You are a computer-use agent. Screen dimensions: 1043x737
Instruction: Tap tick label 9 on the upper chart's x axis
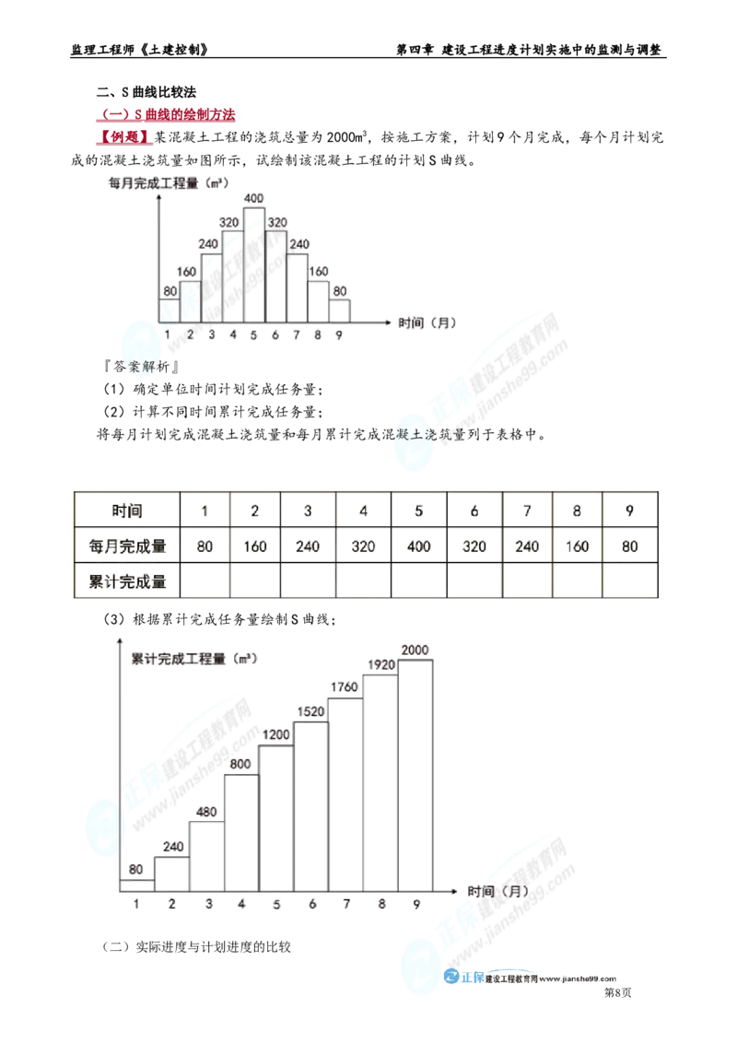click(x=339, y=335)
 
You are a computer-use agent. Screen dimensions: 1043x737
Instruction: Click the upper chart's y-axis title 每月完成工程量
click(x=167, y=183)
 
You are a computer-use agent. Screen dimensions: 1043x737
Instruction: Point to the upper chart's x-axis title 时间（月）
click(x=427, y=324)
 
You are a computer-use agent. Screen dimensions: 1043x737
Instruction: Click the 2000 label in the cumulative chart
click(x=415, y=650)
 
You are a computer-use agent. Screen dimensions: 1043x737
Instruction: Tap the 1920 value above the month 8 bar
click(x=381, y=664)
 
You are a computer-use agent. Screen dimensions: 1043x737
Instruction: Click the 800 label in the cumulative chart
click(x=240, y=764)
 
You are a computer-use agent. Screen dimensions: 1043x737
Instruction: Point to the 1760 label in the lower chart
click(x=345, y=687)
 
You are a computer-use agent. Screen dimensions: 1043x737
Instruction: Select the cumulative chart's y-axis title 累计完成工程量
click(x=191, y=660)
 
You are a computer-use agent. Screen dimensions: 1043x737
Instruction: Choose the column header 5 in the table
click(x=419, y=510)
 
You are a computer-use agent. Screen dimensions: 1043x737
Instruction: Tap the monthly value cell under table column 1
click(x=205, y=545)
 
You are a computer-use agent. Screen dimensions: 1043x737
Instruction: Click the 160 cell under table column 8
click(x=576, y=545)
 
